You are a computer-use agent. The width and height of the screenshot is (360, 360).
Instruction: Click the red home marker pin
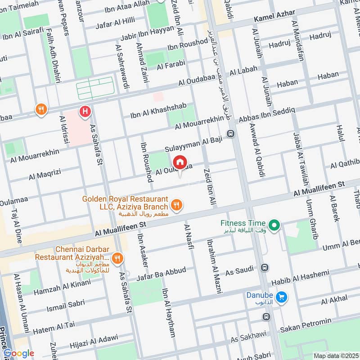pyautogui.click(x=180, y=162)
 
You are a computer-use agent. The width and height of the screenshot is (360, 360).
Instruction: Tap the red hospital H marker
pyautogui.click(x=84, y=111)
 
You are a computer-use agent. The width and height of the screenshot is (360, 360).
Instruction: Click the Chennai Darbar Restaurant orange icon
pyautogui.click(x=117, y=258)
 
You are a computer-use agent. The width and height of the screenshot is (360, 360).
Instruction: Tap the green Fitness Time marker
pyautogui.click(x=272, y=224)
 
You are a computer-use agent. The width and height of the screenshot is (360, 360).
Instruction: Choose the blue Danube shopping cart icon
pyautogui.click(x=282, y=297)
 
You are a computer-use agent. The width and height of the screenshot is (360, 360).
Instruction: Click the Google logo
pyautogui.click(x=18, y=353)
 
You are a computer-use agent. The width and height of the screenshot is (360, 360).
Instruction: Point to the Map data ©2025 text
pyautogui.click(x=336, y=355)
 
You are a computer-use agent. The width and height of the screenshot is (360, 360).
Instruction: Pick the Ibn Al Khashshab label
pyautogui.click(x=154, y=112)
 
